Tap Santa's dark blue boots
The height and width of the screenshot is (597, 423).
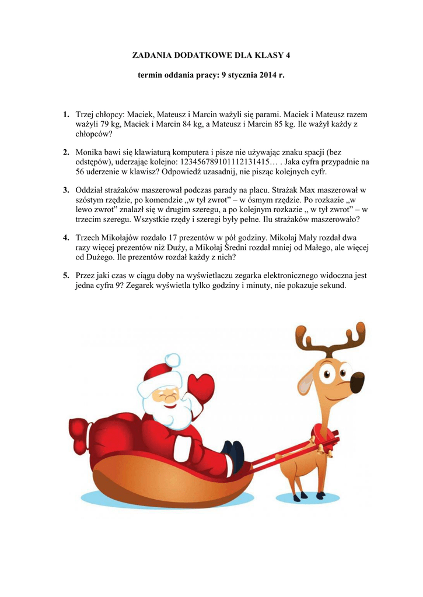pyautogui.click(x=235, y=456)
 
